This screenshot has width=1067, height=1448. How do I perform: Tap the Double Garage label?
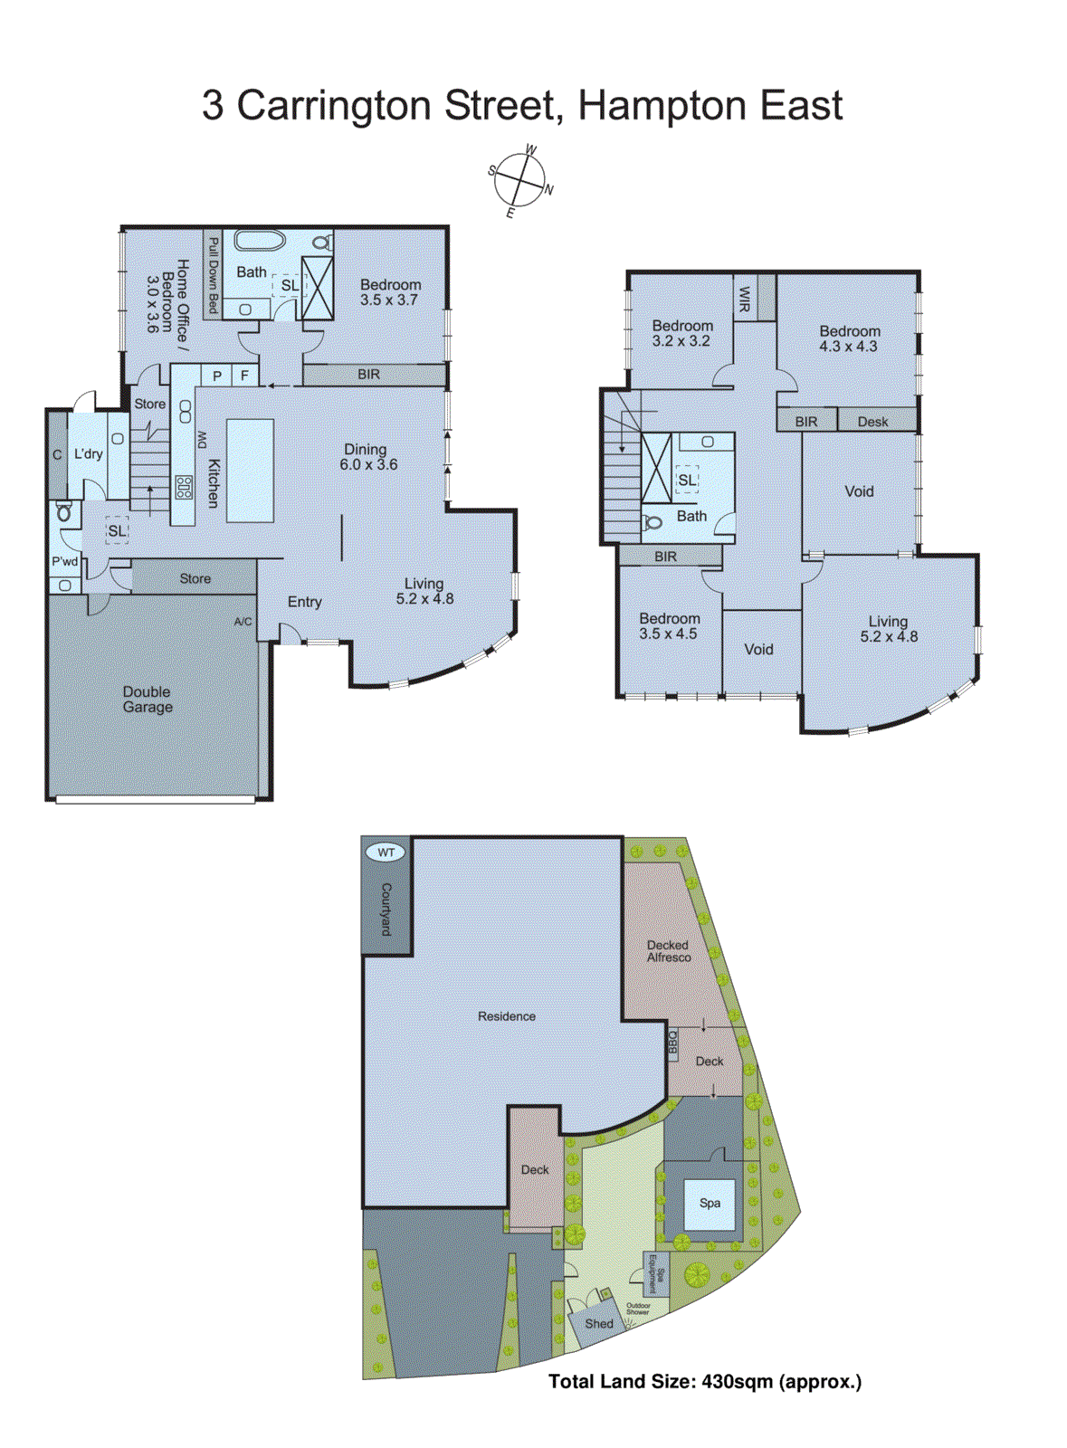[148, 700]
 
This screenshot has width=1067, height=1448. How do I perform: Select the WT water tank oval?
[386, 853]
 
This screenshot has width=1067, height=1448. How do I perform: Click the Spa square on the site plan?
[710, 1204]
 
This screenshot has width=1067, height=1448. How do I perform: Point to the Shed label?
[598, 1323]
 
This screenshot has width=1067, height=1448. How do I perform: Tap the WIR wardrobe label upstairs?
[745, 299]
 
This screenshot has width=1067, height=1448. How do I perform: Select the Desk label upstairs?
[872, 422]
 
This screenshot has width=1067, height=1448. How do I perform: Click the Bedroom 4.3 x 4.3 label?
[849, 338]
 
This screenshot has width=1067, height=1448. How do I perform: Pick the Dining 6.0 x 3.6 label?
[367, 457]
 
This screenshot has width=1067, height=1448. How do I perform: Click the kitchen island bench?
[250, 470]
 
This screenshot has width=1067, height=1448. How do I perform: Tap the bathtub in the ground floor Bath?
[261, 241]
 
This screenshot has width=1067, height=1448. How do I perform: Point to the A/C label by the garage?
[243, 622]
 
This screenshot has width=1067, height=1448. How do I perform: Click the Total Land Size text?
[704, 1382]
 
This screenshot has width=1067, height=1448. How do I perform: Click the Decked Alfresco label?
[668, 951]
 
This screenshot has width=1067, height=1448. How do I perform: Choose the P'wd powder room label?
[64, 562]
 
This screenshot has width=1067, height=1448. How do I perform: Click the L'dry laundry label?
[88, 454]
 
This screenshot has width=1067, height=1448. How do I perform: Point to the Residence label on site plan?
[506, 1016]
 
